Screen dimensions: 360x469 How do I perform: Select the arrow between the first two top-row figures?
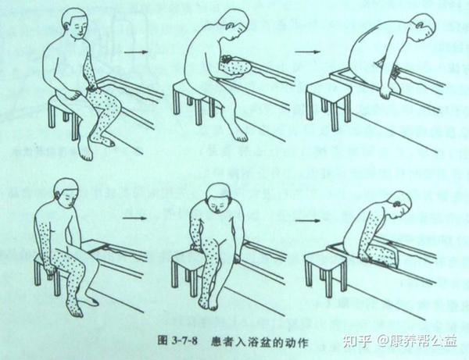click(138, 53)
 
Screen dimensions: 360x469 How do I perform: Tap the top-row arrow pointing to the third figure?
click(306, 53)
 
